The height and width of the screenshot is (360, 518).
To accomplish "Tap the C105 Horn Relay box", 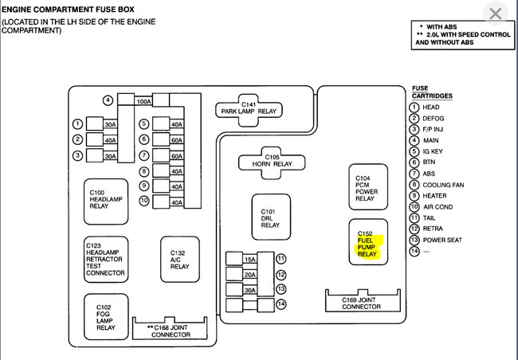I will click(272, 162).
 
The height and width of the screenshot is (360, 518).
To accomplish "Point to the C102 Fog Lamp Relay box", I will click(106, 316).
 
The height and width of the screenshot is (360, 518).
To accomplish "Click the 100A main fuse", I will click(144, 101).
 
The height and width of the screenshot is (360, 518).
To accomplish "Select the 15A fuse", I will click(249, 260).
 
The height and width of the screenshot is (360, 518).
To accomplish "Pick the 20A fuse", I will click(249, 275).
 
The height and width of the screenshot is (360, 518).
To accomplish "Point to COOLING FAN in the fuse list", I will click(444, 185).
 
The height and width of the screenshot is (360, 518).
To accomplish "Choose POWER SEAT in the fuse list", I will click(442, 239).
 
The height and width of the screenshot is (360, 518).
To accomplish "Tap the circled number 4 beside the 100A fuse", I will click(108, 100).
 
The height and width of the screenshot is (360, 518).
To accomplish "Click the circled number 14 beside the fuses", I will click(281, 304).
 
